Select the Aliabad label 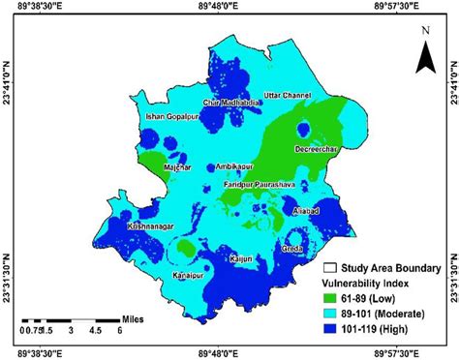coord(307,209)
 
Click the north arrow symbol coord(423,53)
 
